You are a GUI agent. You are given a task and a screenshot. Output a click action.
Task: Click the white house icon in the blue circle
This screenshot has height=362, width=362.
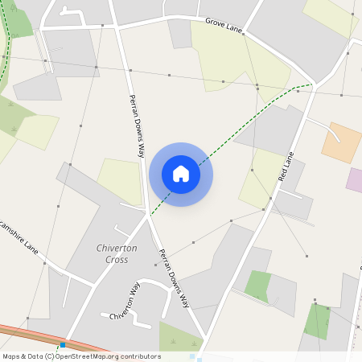(x=181, y=174)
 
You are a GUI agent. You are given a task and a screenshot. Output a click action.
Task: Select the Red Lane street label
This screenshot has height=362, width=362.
(x=286, y=166)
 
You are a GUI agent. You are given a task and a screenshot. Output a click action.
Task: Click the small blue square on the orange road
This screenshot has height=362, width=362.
(x=63, y=344)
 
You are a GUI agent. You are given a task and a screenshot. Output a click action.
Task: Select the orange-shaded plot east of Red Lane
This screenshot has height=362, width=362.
(x=342, y=143)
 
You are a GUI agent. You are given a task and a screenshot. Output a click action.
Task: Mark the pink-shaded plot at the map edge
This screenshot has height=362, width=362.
(x=355, y=179)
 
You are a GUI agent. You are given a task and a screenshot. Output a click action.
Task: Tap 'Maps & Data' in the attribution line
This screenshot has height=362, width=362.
(x=23, y=356)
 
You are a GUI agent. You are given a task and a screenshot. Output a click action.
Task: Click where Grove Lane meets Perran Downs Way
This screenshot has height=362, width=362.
(x=118, y=27)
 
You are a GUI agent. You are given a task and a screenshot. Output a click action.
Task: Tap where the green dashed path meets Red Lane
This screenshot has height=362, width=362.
(x=311, y=84)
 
